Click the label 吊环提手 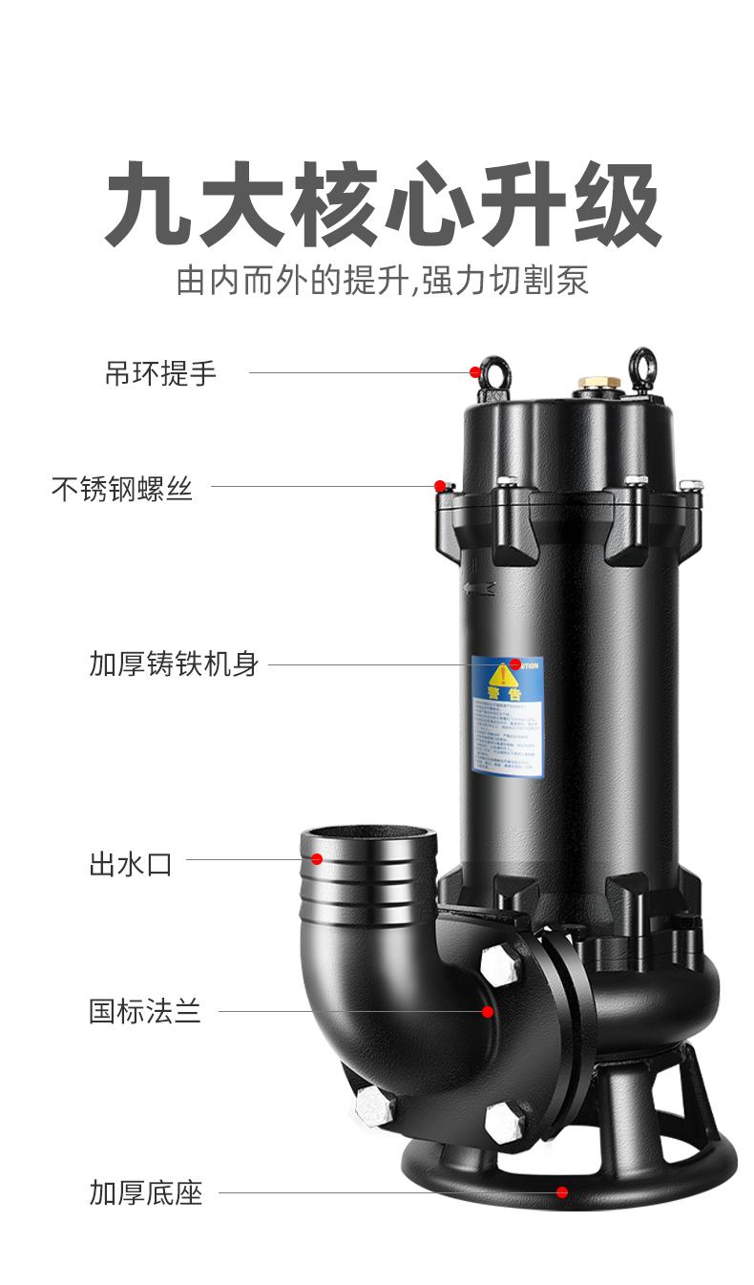[160, 373]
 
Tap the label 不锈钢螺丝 [122, 489]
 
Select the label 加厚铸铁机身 [174, 664]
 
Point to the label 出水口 [131, 864]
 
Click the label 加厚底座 [145, 1192]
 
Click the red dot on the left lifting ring [475, 372]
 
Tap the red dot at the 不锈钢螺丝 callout [440, 486]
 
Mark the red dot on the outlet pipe [317, 859]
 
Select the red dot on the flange [488, 1011]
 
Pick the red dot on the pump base [562, 1191]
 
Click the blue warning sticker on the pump [508, 716]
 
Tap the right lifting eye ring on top [640, 368]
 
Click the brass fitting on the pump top [598, 384]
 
